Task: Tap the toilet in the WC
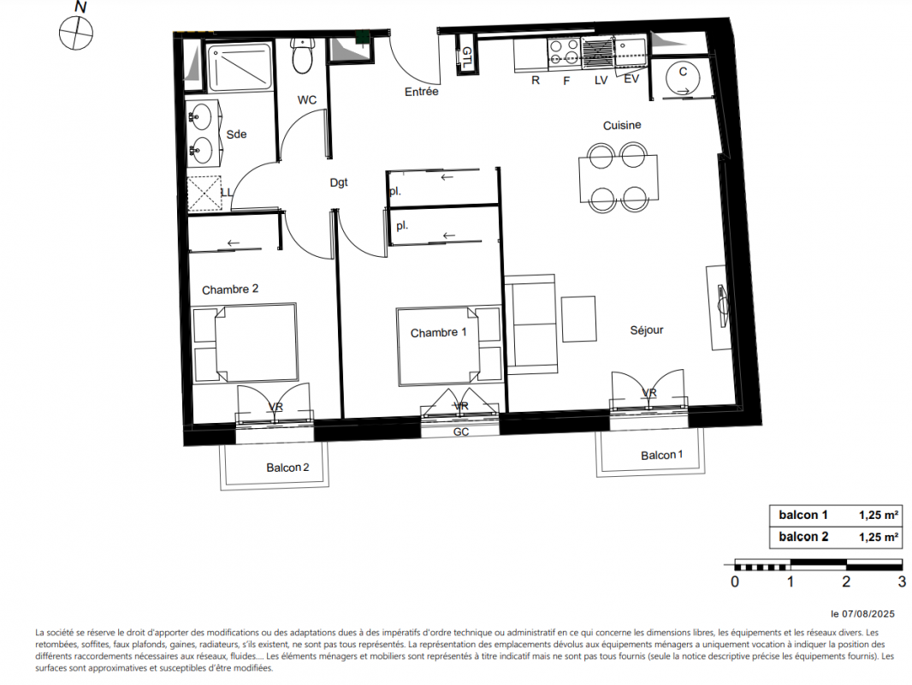point(302,56)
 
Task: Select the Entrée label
point(422,92)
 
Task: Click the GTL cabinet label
point(466,57)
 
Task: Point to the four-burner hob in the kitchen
point(564,50)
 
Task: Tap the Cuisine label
point(622,125)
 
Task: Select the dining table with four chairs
point(618,177)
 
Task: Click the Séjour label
point(647,330)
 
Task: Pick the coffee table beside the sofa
point(578,319)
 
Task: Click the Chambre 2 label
point(230,289)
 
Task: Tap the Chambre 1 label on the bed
point(439,333)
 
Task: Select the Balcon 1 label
point(662,456)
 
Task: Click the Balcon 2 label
point(288,468)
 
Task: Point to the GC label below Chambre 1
point(461,432)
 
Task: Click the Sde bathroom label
point(236,134)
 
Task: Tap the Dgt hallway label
point(339,182)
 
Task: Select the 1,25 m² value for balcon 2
point(879,537)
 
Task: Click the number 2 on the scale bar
point(846,581)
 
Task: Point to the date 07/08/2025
point(868,614)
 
